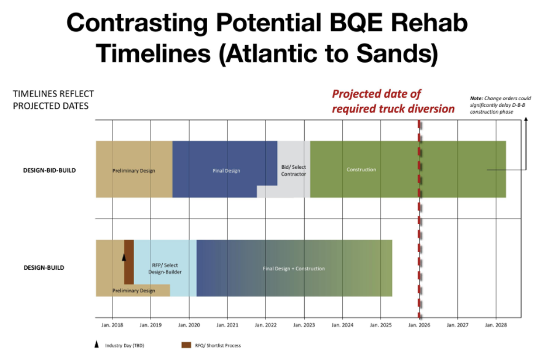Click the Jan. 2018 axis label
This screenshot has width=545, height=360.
(112, 325)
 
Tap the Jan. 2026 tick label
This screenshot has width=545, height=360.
(419, 325)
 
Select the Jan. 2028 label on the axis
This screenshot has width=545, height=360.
(496, 325)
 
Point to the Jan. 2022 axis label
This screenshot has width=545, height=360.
(265, 325)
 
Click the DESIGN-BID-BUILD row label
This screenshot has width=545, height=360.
(49, 170)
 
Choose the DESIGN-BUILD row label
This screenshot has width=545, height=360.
(44, 268)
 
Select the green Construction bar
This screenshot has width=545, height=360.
(408, 169)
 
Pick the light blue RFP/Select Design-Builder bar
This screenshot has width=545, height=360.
(165, 268)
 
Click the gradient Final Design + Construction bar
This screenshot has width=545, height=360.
(294, 268)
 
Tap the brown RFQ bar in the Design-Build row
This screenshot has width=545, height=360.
(129, 262)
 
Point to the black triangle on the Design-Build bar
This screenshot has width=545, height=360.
(124, 257)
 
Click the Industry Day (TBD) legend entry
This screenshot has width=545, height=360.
(119, 345)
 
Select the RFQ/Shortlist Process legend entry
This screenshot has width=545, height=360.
(211, 345)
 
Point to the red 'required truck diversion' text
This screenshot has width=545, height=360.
(393, 109)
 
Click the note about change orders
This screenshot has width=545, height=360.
(500, 105)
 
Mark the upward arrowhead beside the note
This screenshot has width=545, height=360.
(526, 119)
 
